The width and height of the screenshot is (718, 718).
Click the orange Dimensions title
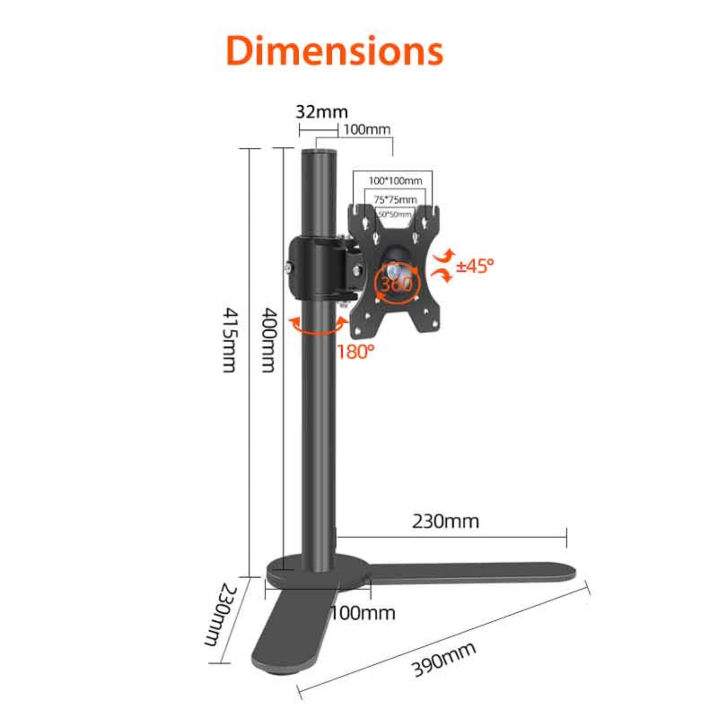coord(335,51)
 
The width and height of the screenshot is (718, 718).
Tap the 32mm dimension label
coord(321,112)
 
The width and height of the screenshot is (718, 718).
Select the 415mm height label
coord(230,340)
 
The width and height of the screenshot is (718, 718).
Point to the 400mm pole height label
coord(269,340)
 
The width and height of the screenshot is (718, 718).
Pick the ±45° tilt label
coord(474,266)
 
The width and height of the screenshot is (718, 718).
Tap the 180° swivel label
coord(355,352)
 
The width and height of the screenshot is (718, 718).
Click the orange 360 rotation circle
coord(396,283)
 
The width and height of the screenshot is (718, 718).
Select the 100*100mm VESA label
coord(395,181)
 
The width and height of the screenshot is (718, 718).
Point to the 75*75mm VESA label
coord(395,199)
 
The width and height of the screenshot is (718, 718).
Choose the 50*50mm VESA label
coord(394,214)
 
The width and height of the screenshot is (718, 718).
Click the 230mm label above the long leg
coord(445,521)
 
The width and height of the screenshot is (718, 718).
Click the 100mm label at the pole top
coord(367,129)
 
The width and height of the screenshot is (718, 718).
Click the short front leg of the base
coord(287,632)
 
